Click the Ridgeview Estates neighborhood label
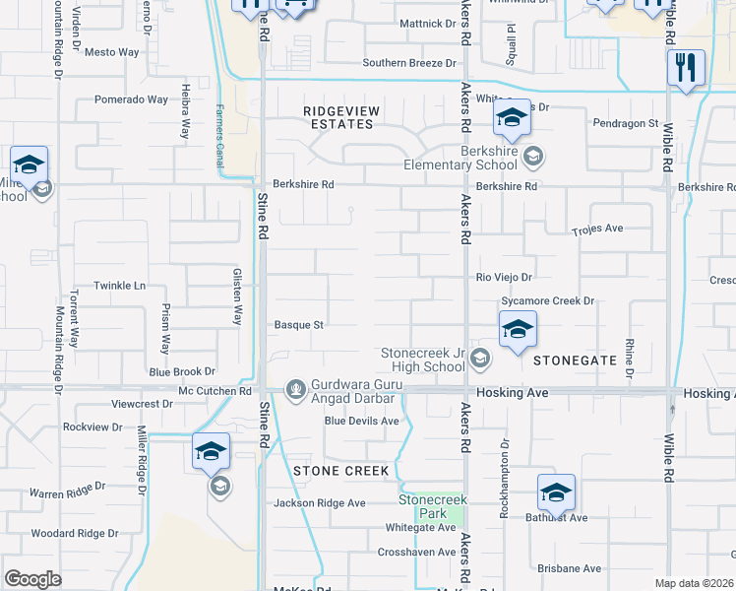[x=338, y=117]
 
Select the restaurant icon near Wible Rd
[x=685, y=68]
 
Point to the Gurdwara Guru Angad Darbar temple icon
[x=295, y=390]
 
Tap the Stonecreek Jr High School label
[x=423, y=360]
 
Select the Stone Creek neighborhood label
[x=340, y=471]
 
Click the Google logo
[x=32, y=578]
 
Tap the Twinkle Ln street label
[x=119, y=286]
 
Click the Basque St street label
[x=299, y=324]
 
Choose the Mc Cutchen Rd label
[x=215, y=391]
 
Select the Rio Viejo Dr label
[x=504, y=278]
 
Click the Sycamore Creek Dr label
[x=548, y=300]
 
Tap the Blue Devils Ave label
[x=362, y=422]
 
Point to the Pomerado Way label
[x=131, y=99]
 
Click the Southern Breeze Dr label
[x=409, y=63]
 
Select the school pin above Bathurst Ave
[x=556, y=492]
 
